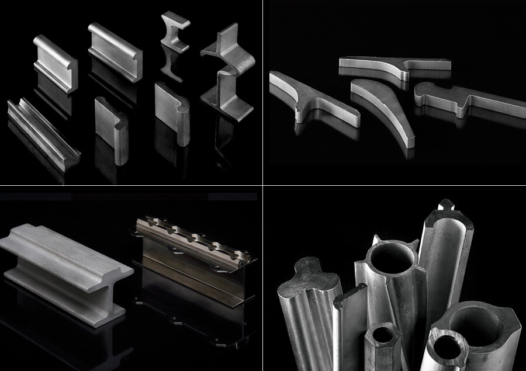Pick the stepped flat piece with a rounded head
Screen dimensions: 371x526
click(462, 96)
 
